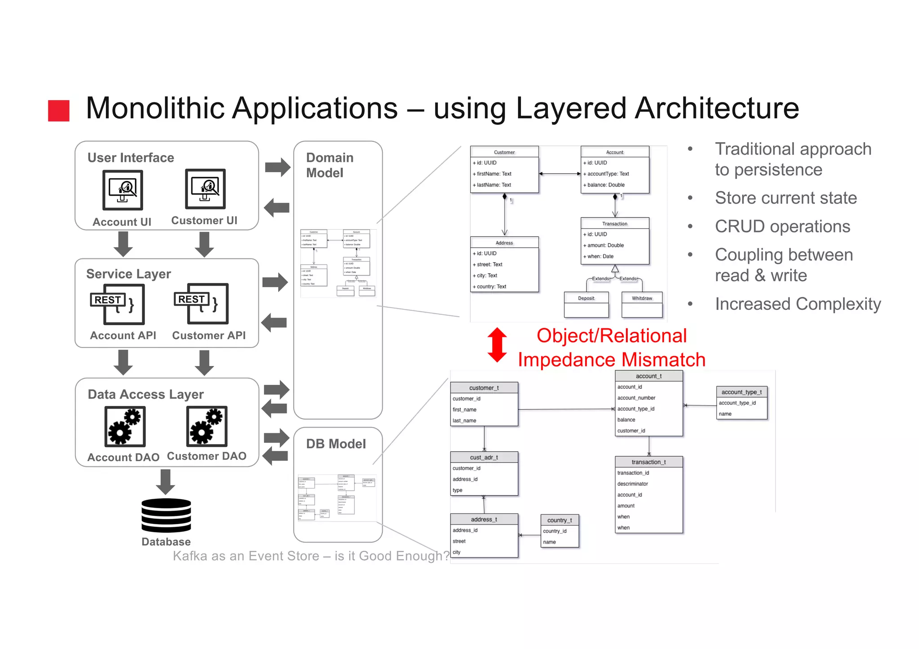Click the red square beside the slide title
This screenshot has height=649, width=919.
(59, 110)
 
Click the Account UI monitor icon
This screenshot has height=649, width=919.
(123, 190)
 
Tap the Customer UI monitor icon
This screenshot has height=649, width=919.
(205, 189)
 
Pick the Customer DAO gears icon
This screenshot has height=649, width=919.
(207, 426)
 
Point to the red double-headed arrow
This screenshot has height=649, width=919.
(497, 345)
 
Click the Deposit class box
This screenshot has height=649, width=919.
(586, 305)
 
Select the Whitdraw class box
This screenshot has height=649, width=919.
(642, 305)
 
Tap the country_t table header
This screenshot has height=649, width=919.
(560, 520)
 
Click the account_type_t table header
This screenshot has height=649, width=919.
(741, 392)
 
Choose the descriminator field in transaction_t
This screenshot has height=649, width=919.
(633, 483)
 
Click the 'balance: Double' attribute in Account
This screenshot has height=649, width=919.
(606, 185)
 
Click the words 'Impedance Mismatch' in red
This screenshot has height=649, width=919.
(611, 360)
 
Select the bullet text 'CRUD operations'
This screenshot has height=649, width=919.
(782, 226)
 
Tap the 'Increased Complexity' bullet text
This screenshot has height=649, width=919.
(798, 304)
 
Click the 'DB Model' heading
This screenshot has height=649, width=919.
(336, 444)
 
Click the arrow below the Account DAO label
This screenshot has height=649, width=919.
(166, 482)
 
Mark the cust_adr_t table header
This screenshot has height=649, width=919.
(484, 457)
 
